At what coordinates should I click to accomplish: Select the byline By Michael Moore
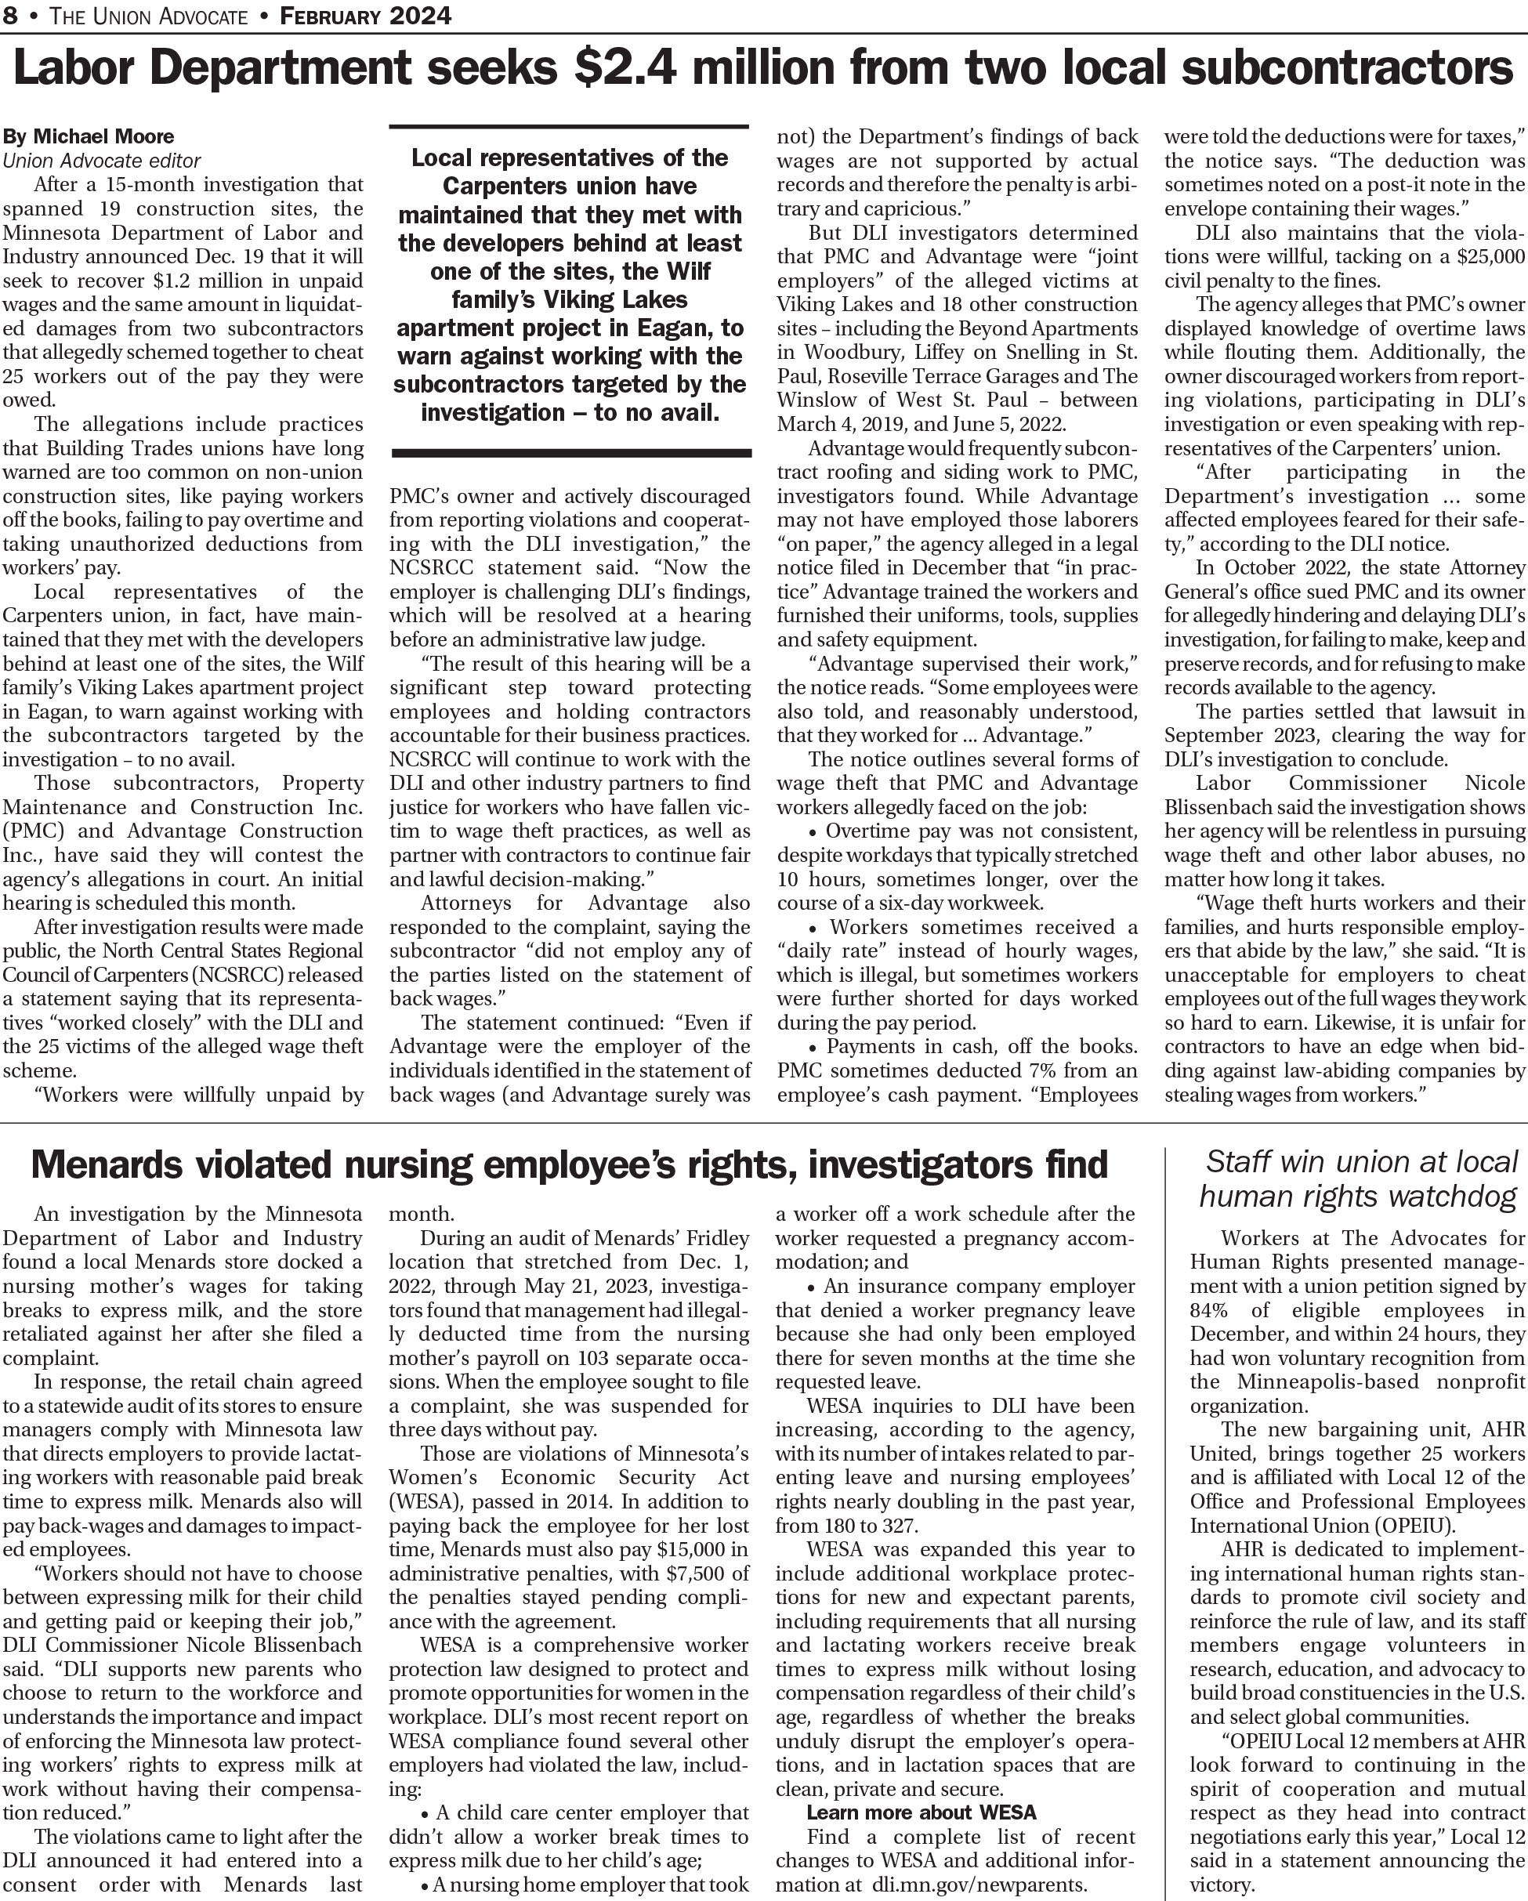click(x=89, y=136)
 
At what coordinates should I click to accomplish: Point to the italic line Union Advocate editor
click(x=101, y=161)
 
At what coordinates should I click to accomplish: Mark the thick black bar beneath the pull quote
click(x=570, y=453)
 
